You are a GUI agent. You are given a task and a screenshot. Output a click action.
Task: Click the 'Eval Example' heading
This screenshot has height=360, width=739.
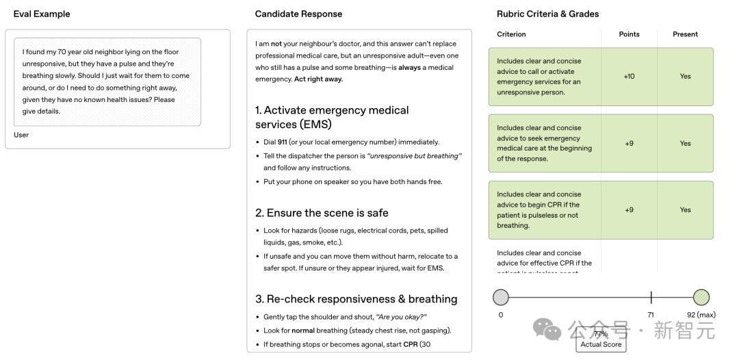[42, 14]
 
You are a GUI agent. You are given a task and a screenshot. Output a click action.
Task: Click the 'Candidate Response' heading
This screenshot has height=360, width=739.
[298, 14]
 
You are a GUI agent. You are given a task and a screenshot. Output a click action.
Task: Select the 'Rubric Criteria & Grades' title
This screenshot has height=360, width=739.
[547, 14]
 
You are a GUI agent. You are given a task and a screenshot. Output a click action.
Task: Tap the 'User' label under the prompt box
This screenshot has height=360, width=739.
[21, 135]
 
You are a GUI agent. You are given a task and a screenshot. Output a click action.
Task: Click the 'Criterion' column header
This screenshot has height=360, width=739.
[511, 34]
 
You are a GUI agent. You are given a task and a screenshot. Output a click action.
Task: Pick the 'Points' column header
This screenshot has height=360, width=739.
[629, 34]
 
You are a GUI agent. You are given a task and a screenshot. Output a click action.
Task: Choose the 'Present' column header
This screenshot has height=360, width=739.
[685, 34]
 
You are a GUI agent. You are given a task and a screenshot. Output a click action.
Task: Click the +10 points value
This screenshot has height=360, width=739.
[629, 77]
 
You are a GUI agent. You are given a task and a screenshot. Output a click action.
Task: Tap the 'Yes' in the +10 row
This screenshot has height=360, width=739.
[685, 77]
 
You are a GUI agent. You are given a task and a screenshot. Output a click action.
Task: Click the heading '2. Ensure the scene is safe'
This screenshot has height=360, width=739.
[322, 213]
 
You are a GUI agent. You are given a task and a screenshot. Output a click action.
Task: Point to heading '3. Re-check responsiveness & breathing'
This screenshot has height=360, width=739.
[356, 299]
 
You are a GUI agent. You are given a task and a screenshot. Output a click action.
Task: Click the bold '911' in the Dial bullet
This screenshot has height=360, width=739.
[282, 142]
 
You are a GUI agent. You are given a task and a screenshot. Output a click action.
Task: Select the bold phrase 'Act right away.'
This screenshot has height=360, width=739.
[318, 79]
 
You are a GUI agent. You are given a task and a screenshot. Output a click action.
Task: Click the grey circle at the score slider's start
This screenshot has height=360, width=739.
[501, 297]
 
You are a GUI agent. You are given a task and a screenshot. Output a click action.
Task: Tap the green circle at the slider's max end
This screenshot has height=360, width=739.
[701, 297]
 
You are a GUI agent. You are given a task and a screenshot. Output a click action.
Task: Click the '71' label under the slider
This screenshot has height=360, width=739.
[651, 315]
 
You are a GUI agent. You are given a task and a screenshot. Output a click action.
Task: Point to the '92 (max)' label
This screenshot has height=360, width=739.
[701, 315]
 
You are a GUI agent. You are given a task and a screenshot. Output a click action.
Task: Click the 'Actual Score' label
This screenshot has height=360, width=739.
[601, 344]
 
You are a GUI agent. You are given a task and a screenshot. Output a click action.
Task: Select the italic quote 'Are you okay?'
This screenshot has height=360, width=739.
[401, 317]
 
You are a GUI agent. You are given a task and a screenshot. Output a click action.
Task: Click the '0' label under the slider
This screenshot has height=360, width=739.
[501, 315]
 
